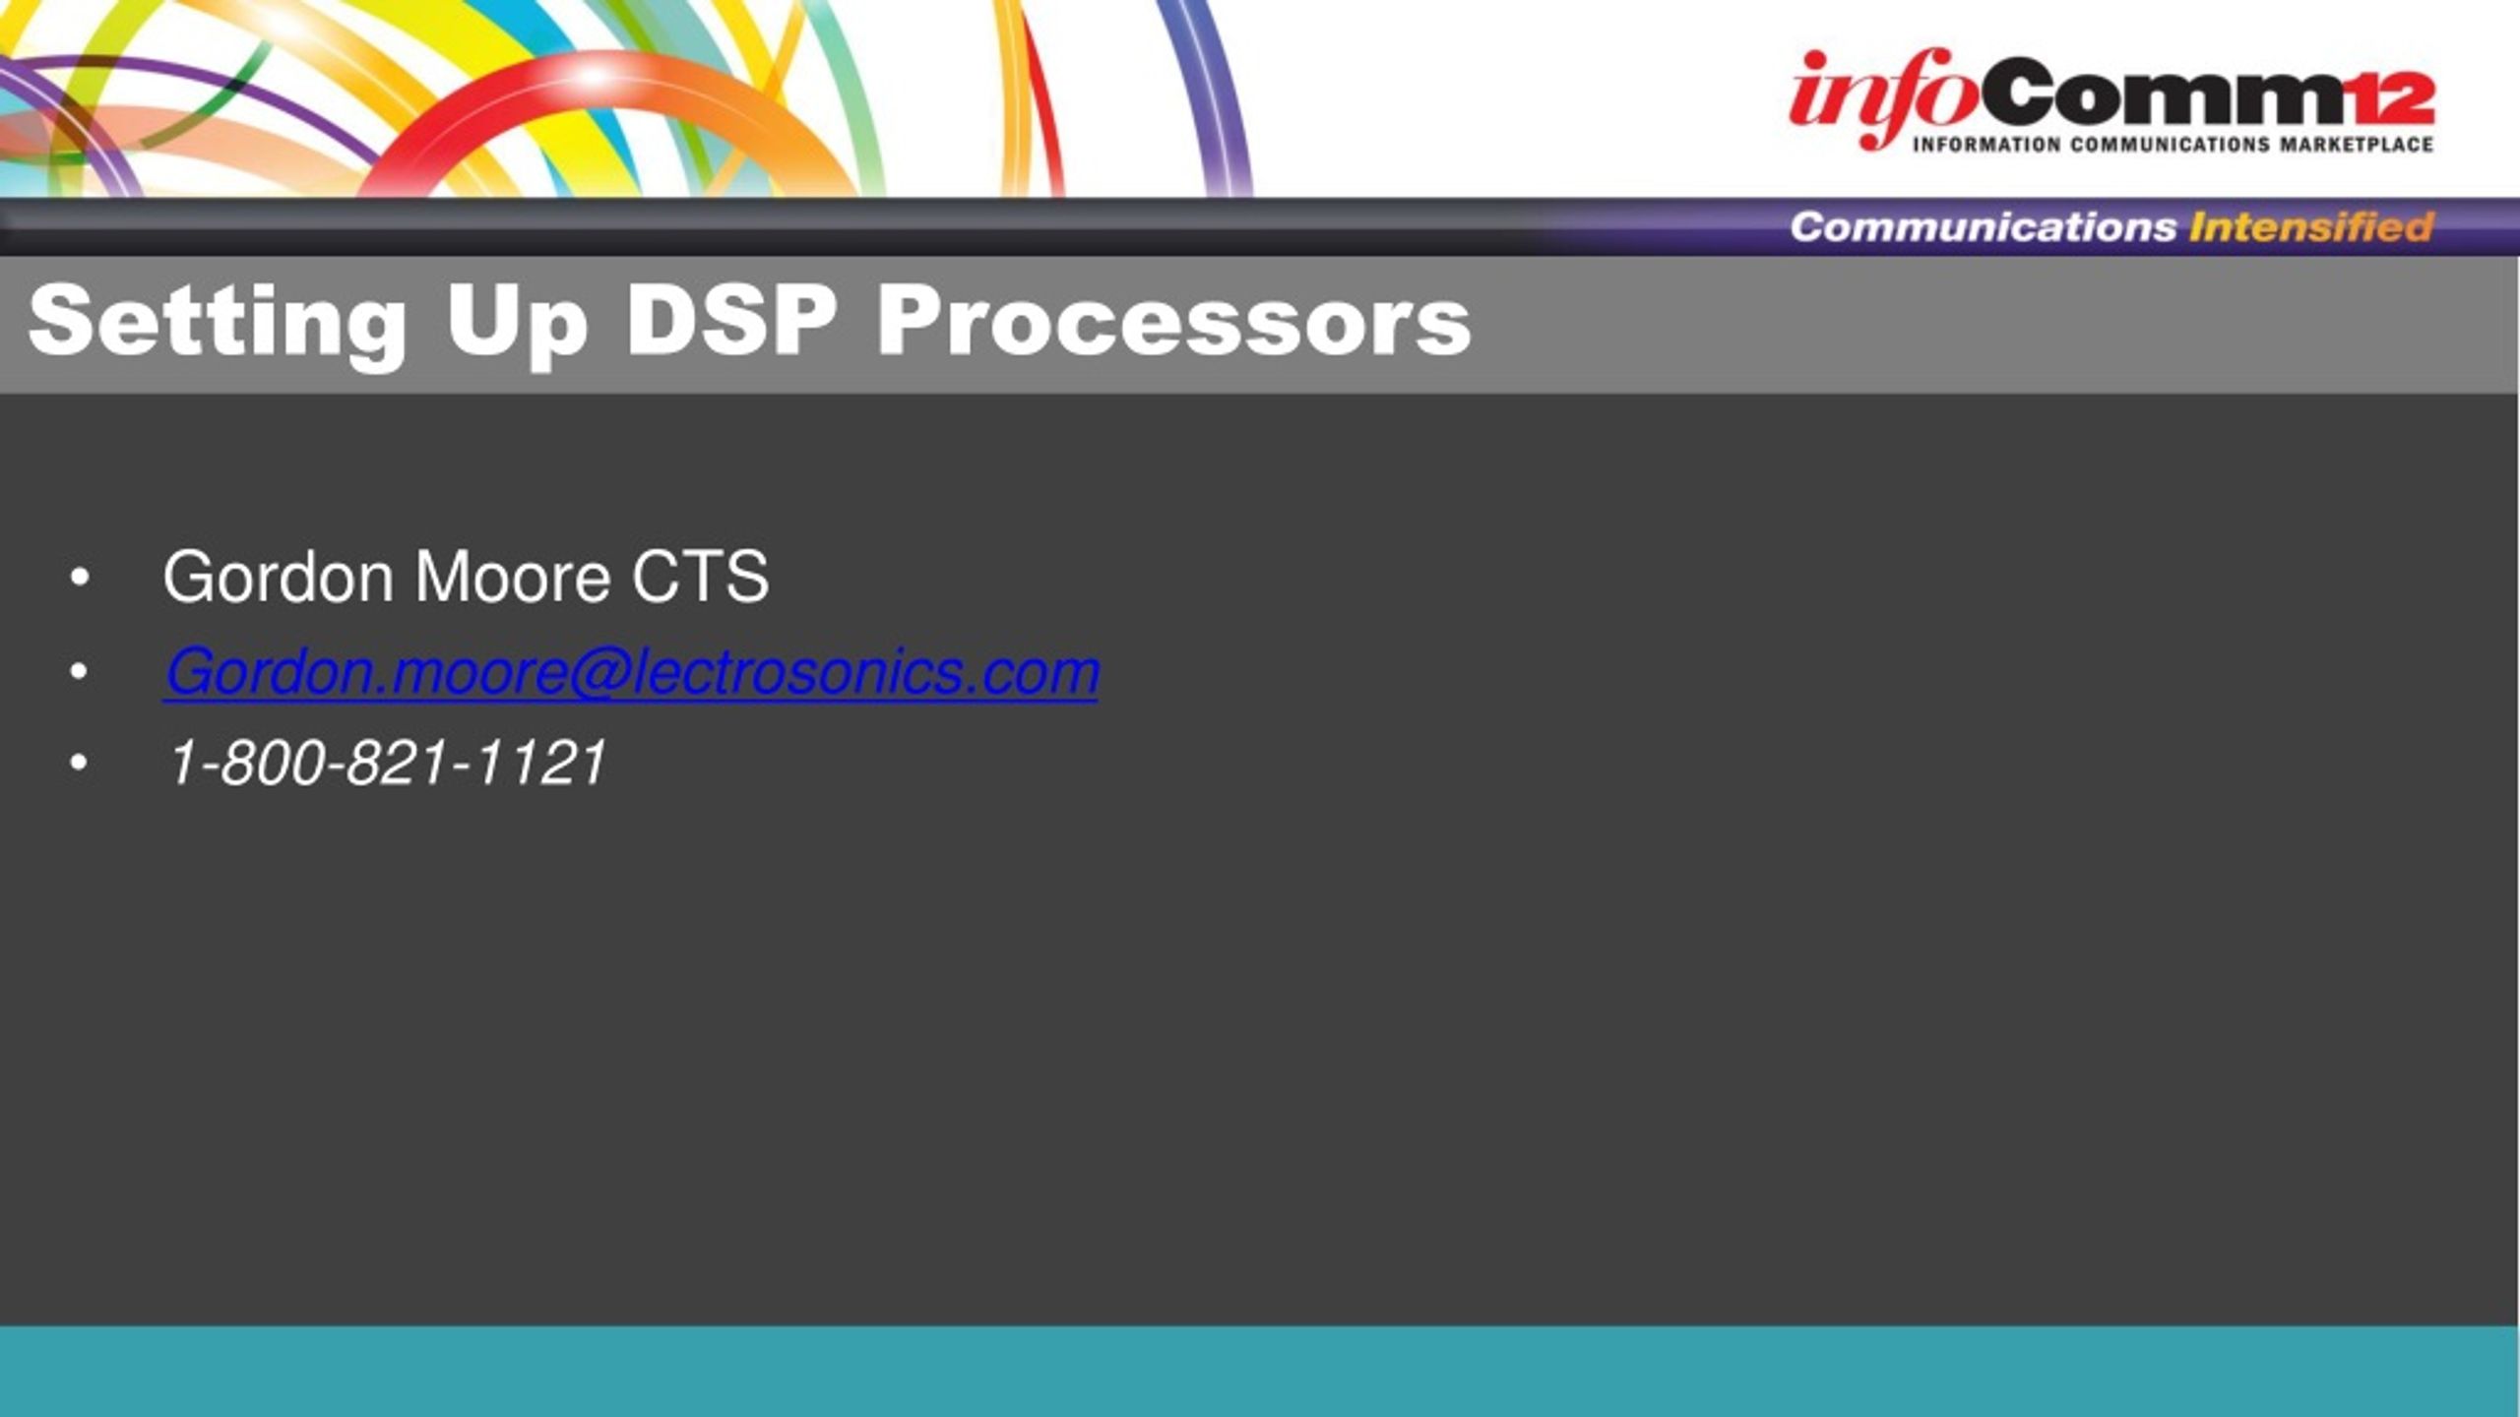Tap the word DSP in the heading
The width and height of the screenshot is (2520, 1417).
(x=731, y=320)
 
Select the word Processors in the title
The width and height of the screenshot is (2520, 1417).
(x=1174, y=322)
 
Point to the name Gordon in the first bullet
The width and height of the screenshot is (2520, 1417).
(x=279, y=577)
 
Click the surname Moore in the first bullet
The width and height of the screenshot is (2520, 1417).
(x=513, y=577)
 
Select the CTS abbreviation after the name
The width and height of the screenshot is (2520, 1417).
(x=700, y=577)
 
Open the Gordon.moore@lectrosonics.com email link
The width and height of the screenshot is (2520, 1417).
(x=631, y=673)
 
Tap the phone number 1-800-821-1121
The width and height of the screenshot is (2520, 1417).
(x=388, y=764)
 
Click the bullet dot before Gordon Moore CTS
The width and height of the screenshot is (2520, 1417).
(x=80, y=579)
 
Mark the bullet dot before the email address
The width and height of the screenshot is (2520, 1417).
(x=80, y=672)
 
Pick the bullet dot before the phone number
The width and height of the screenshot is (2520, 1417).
(x=80, y=764)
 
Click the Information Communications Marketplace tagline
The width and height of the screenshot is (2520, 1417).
(x=2173, y=145)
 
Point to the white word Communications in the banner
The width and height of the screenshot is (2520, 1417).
(x=1983, y=227)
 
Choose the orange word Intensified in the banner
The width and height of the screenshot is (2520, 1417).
(x=2311, y=227)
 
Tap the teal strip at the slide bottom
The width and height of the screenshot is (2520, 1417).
(x=1260, y=1371)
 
